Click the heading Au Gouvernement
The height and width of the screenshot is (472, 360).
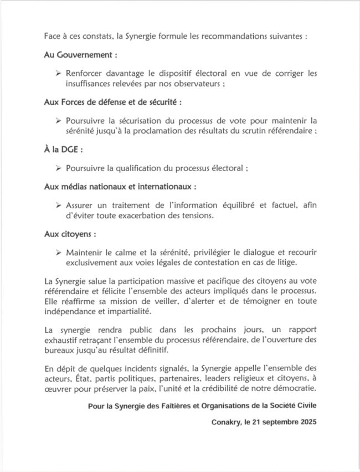(x=80, y=55)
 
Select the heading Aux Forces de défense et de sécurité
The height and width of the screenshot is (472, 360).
(x=112, y=102)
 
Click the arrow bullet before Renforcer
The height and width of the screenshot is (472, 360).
(x=59, y=73)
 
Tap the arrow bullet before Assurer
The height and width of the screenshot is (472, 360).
(x=59, y=205)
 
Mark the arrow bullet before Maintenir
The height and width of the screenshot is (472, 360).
(x=59, y=253)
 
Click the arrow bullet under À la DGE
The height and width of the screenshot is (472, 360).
(x=59, y=168)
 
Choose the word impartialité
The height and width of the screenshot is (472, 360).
(x=126, y=311)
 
